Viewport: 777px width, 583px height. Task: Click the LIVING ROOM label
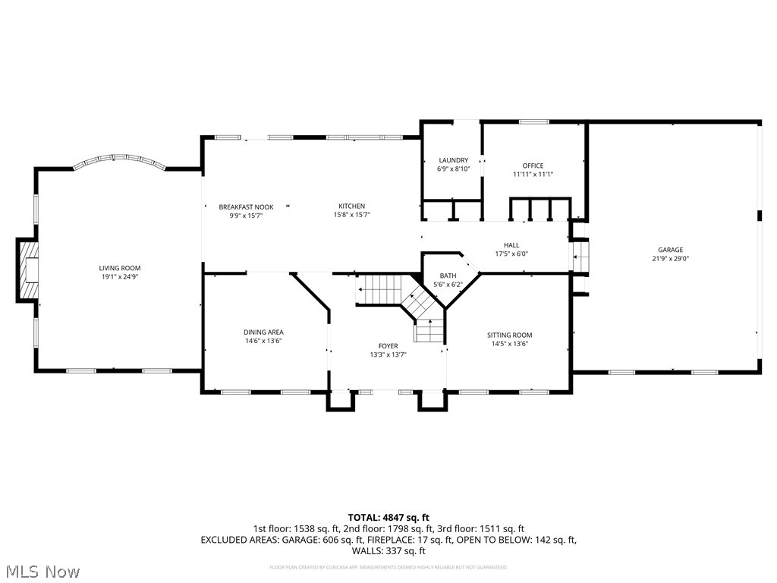tap(120, 268)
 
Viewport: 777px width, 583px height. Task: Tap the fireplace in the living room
tap(28, 271)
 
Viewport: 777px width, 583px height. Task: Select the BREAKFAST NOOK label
tap(246, 206)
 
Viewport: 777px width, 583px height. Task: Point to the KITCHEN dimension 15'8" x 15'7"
tap(351, 215)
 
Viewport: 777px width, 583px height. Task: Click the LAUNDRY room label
tap(454, 160)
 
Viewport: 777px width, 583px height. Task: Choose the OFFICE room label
tap(533, 165)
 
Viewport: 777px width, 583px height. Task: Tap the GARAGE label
tap(670, 250)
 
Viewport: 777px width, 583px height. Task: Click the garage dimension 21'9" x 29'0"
tap(670, 258)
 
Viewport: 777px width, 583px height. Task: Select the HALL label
tap(511, 245)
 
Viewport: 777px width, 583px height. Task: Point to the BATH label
tap(448, 276)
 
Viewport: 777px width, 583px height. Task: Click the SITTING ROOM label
tap(509, 335)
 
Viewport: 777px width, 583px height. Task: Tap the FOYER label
tap(388, 346)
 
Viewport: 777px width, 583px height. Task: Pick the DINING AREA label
tap(263, 332)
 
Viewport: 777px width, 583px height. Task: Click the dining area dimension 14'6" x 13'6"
tap(263, 341)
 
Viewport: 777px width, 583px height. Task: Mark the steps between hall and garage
tap(580, 257)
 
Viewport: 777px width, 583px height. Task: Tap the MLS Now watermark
tap(42, 571)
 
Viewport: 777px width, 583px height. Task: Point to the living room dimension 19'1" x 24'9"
tap(120, 276)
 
